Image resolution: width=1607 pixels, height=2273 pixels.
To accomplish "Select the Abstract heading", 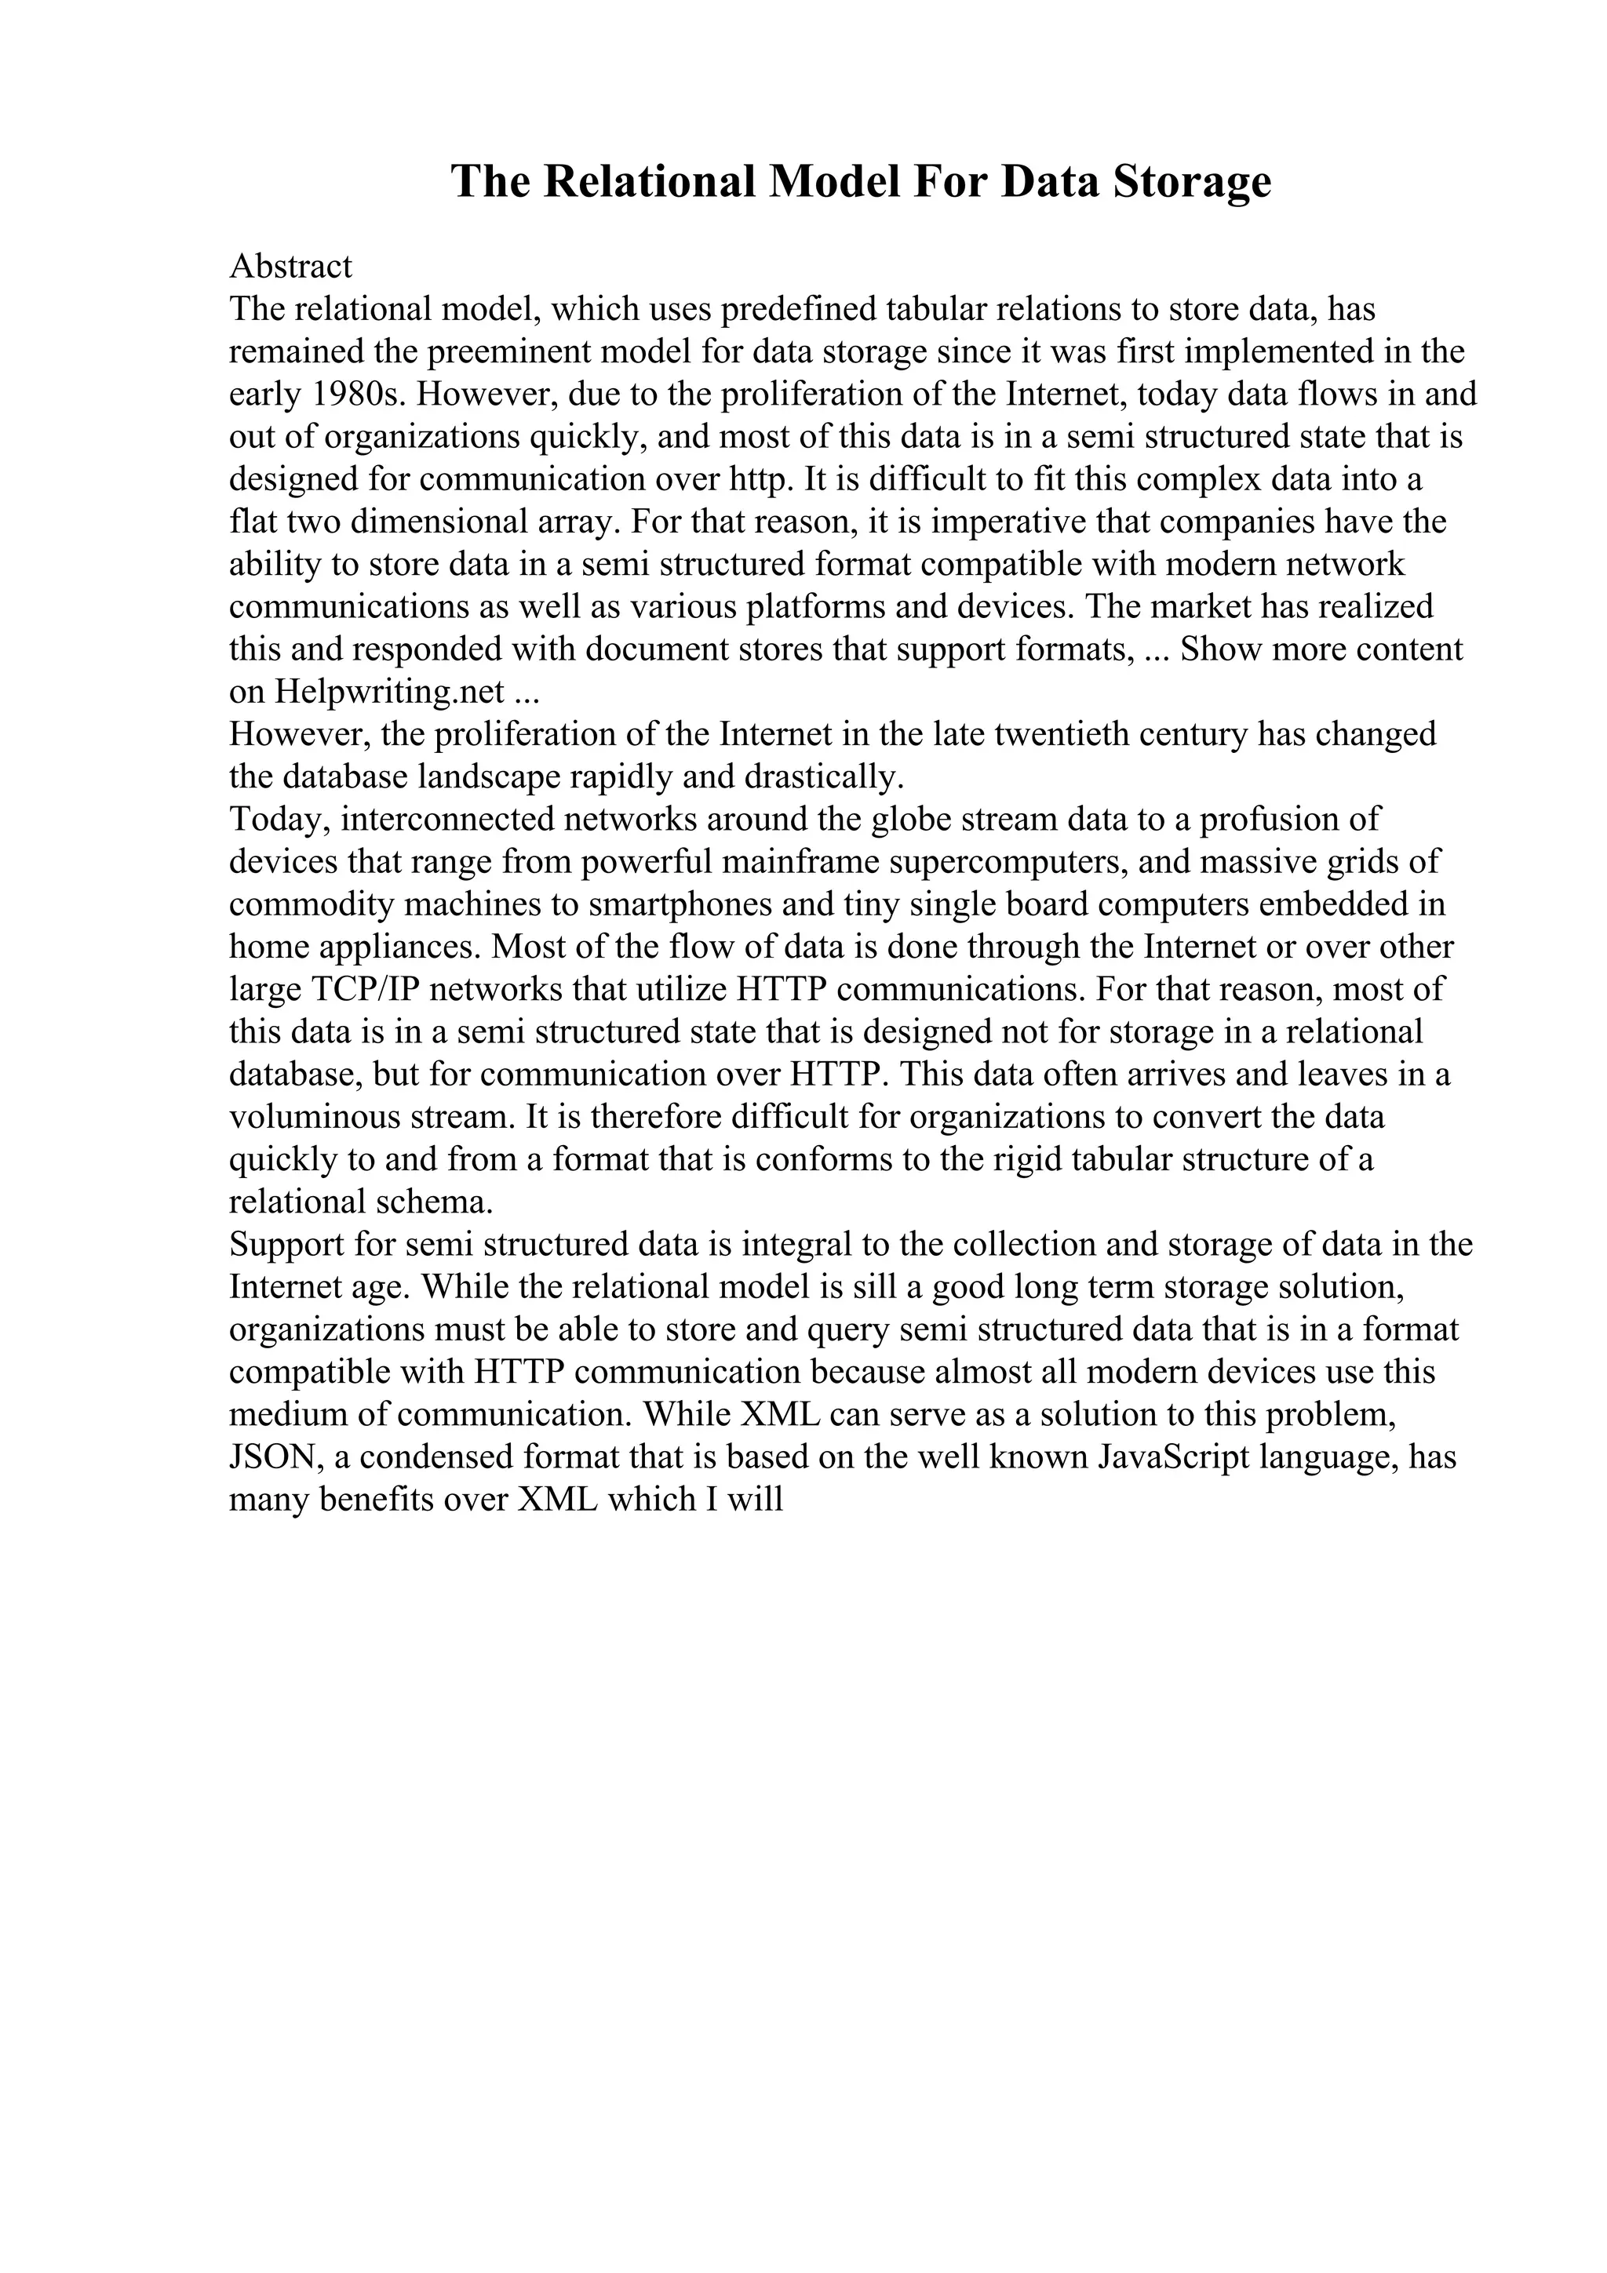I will pyautogui.click(x=290, y=267).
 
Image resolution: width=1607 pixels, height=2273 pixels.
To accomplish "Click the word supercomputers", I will pyautogui.click(x=1005, y=861).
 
